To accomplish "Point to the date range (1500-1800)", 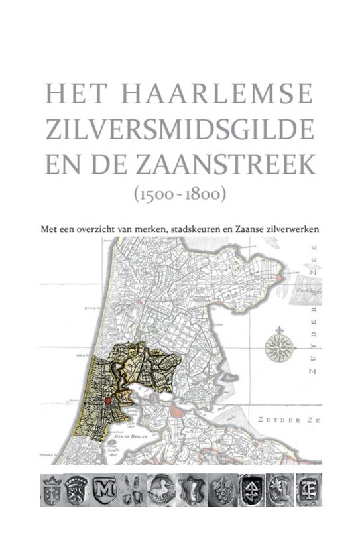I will pos(180,195).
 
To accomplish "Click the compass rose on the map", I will pos(280,347).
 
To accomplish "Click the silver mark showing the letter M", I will pos(106,489).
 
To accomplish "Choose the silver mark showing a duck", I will pos(162,489).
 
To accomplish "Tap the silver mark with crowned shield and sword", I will pos(51,489).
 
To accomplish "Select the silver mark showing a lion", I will pos(79,489).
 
